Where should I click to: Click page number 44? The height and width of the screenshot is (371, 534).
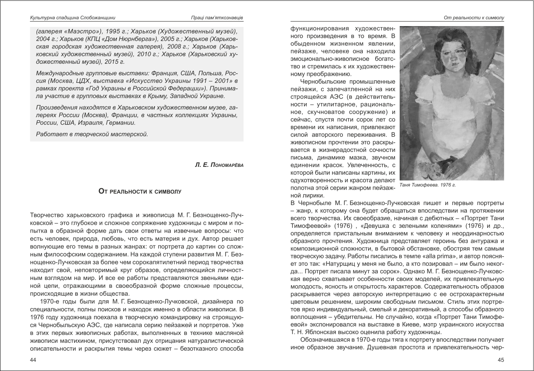33,360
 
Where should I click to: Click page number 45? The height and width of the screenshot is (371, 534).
501,360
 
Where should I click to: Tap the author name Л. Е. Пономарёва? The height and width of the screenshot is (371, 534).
219,165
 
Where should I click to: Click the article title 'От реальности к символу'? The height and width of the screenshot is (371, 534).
140,191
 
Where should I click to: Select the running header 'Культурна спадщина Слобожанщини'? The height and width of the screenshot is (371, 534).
73,18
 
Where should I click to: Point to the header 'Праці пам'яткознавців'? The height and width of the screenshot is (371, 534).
214,18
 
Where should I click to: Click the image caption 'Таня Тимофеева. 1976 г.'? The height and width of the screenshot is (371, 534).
427,185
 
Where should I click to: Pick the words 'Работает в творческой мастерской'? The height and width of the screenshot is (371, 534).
92,134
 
